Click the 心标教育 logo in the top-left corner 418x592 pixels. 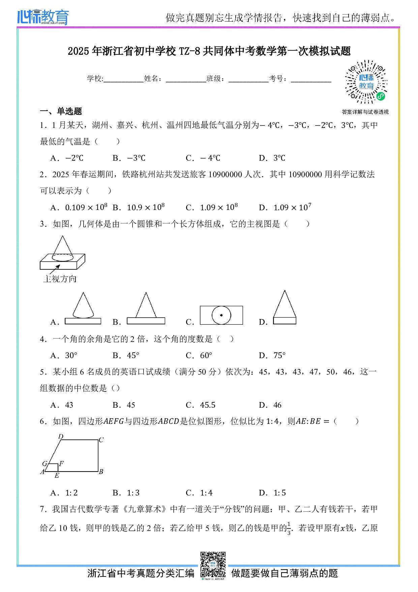43,17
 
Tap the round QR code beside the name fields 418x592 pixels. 366,82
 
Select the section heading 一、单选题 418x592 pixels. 61,111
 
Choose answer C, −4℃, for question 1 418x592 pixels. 203,158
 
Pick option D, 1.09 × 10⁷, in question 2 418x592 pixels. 285,207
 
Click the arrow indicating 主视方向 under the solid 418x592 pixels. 55,269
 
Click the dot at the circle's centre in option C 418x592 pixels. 221,315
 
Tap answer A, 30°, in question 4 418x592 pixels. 64,355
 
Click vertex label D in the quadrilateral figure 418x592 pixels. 61,436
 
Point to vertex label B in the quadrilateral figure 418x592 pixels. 101,472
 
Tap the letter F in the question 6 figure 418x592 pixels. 61,463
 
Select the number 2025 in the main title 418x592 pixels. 78,51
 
